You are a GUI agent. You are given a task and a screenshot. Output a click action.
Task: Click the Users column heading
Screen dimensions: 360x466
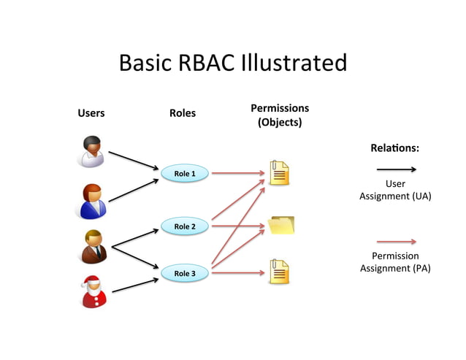pos(91,113)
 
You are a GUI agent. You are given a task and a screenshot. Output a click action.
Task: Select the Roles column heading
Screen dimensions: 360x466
pos(183,113)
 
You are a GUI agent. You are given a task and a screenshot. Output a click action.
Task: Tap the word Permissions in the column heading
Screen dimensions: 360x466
pos(280,108)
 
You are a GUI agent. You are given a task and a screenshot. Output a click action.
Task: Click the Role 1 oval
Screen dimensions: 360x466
pos(184,174)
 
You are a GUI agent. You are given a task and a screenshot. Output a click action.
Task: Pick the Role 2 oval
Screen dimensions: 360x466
pos(184,226)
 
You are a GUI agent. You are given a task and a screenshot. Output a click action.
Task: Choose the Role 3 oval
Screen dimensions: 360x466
pos(184,273)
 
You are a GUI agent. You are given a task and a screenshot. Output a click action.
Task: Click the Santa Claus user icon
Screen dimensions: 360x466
pos(93,290)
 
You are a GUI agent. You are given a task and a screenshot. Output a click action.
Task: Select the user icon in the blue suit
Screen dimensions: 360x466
pos(93,201)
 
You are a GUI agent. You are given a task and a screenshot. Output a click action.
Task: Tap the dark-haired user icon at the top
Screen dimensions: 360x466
pos(92,151)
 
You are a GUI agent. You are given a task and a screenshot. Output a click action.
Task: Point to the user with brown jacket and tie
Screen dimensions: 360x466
pos(93,245)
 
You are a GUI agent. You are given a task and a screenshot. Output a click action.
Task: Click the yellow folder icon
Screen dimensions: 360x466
pos(280,225)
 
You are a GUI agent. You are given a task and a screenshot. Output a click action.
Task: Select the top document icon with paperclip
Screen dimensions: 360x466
pos(279,173)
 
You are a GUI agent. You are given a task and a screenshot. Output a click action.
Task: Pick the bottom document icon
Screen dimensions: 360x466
pos(279,272)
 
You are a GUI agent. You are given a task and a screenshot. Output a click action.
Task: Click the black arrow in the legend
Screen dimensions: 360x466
pos(395,169)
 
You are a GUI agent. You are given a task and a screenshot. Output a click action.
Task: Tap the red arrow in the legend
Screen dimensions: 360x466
pos(395,241)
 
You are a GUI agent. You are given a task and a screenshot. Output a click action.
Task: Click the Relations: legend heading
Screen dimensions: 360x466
pos(394,148)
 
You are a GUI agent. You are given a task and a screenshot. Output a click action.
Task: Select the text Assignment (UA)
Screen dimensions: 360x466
pos(394,196)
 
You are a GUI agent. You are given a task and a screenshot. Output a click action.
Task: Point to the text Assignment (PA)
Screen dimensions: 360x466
pos(395,268)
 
